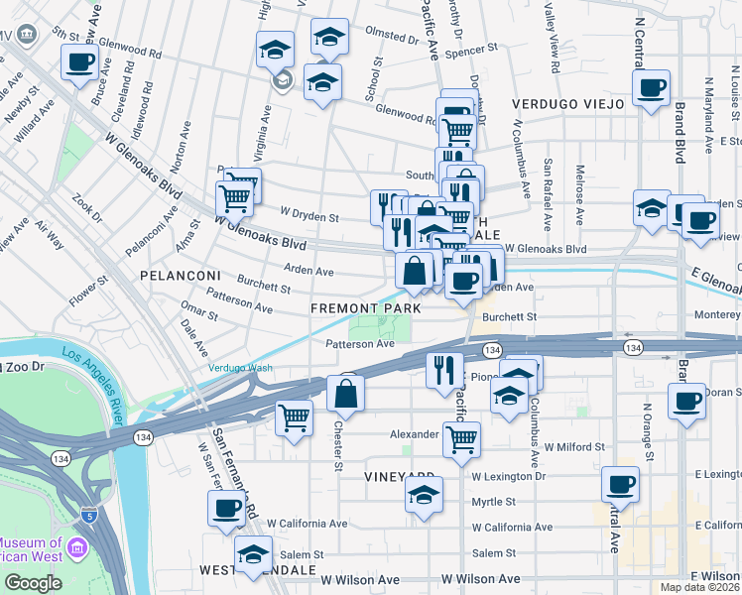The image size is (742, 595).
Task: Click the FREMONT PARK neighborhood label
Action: click(366, 308)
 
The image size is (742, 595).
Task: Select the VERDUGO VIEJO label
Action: click(567, 103)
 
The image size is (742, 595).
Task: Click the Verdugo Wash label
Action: click(240, 368)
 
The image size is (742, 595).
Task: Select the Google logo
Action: click(33, 583)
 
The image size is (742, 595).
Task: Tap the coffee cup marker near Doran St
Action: click(685, 402)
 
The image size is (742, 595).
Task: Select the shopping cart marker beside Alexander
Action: click(461, 437)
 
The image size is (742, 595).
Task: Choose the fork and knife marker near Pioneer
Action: click(444, 369)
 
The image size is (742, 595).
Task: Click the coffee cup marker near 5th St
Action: click(78, 62)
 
